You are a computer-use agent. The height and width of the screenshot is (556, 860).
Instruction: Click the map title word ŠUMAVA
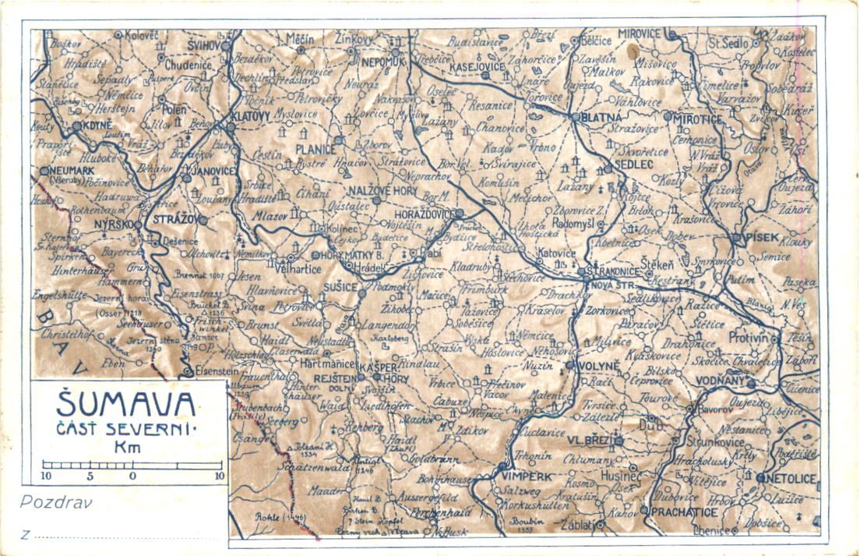(126, 404)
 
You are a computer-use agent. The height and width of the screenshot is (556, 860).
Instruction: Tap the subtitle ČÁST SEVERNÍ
(127, 430)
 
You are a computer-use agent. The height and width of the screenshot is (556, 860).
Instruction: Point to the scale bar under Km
(132, 466)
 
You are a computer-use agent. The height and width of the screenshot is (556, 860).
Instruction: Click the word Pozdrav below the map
(56, 502)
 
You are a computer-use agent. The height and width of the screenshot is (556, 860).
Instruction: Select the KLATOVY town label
(249, 116)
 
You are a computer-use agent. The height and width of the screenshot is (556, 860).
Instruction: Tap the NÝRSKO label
(114, 224)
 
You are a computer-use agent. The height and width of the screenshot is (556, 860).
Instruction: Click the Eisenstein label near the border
(217, 372)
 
